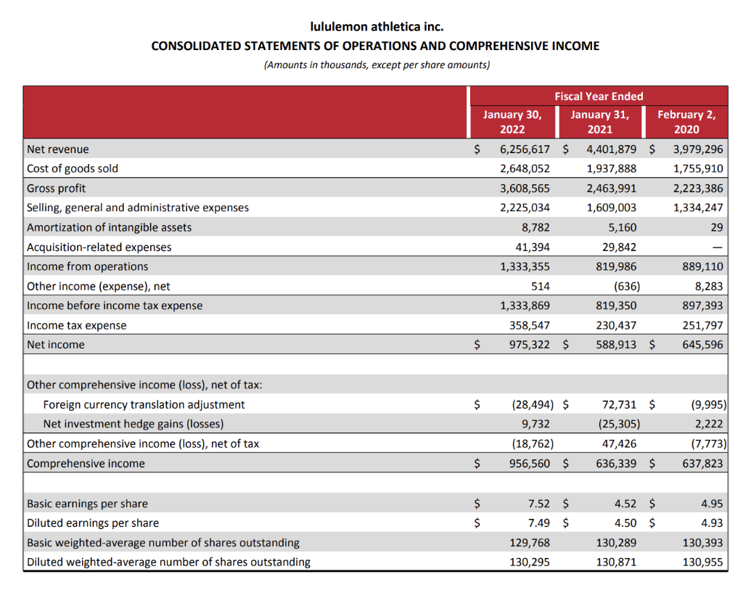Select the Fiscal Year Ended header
tap(599, 96)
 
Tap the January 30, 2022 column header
tap(512, 122)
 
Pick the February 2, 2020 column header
tap(686, 122)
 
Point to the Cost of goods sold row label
tap(73, 168)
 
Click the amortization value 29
tap(716, 227)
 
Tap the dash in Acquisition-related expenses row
tap(716, 247)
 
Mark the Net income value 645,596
tap(702, 345)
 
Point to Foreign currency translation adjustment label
tap(144, 404)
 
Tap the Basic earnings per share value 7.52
tap(538, 503)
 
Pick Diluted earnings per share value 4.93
tap(711, 523)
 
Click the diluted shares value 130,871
tap(616, 562)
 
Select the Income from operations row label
tap(87, 266)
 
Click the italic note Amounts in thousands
tap(376, 65)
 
